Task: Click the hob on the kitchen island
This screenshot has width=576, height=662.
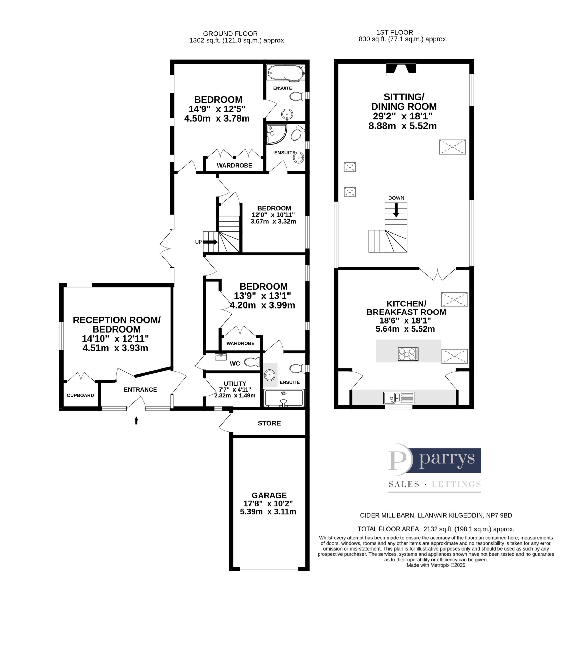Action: click(x=408, y=354)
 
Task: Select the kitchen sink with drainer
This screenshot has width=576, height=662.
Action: click(x=399, y=398)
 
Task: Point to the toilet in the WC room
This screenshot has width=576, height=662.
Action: click(x=252, y=362)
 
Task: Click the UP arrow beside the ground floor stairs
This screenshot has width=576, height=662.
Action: click(x=210, y=242)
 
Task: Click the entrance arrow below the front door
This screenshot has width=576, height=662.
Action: click(x=136, y=420)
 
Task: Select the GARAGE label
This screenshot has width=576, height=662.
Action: click(x=269, y=495)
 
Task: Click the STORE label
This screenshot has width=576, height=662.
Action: click(x=269, y=423)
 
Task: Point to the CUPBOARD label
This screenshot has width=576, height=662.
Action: click(x=80, y=395)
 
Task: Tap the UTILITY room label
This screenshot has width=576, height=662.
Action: click(x=235, y=383)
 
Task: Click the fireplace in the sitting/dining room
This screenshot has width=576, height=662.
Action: click(x=401, y=70)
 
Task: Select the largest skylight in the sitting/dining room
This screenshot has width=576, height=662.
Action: click(x=452, y=147)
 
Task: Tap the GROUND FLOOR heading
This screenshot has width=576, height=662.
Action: click(x=230, y=33)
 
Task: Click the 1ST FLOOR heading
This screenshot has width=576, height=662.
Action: click(x=395, y=32)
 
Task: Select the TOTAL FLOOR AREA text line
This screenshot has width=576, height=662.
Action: click(x=436, y=529)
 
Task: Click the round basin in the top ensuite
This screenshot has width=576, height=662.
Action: click(x=287, y=114)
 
